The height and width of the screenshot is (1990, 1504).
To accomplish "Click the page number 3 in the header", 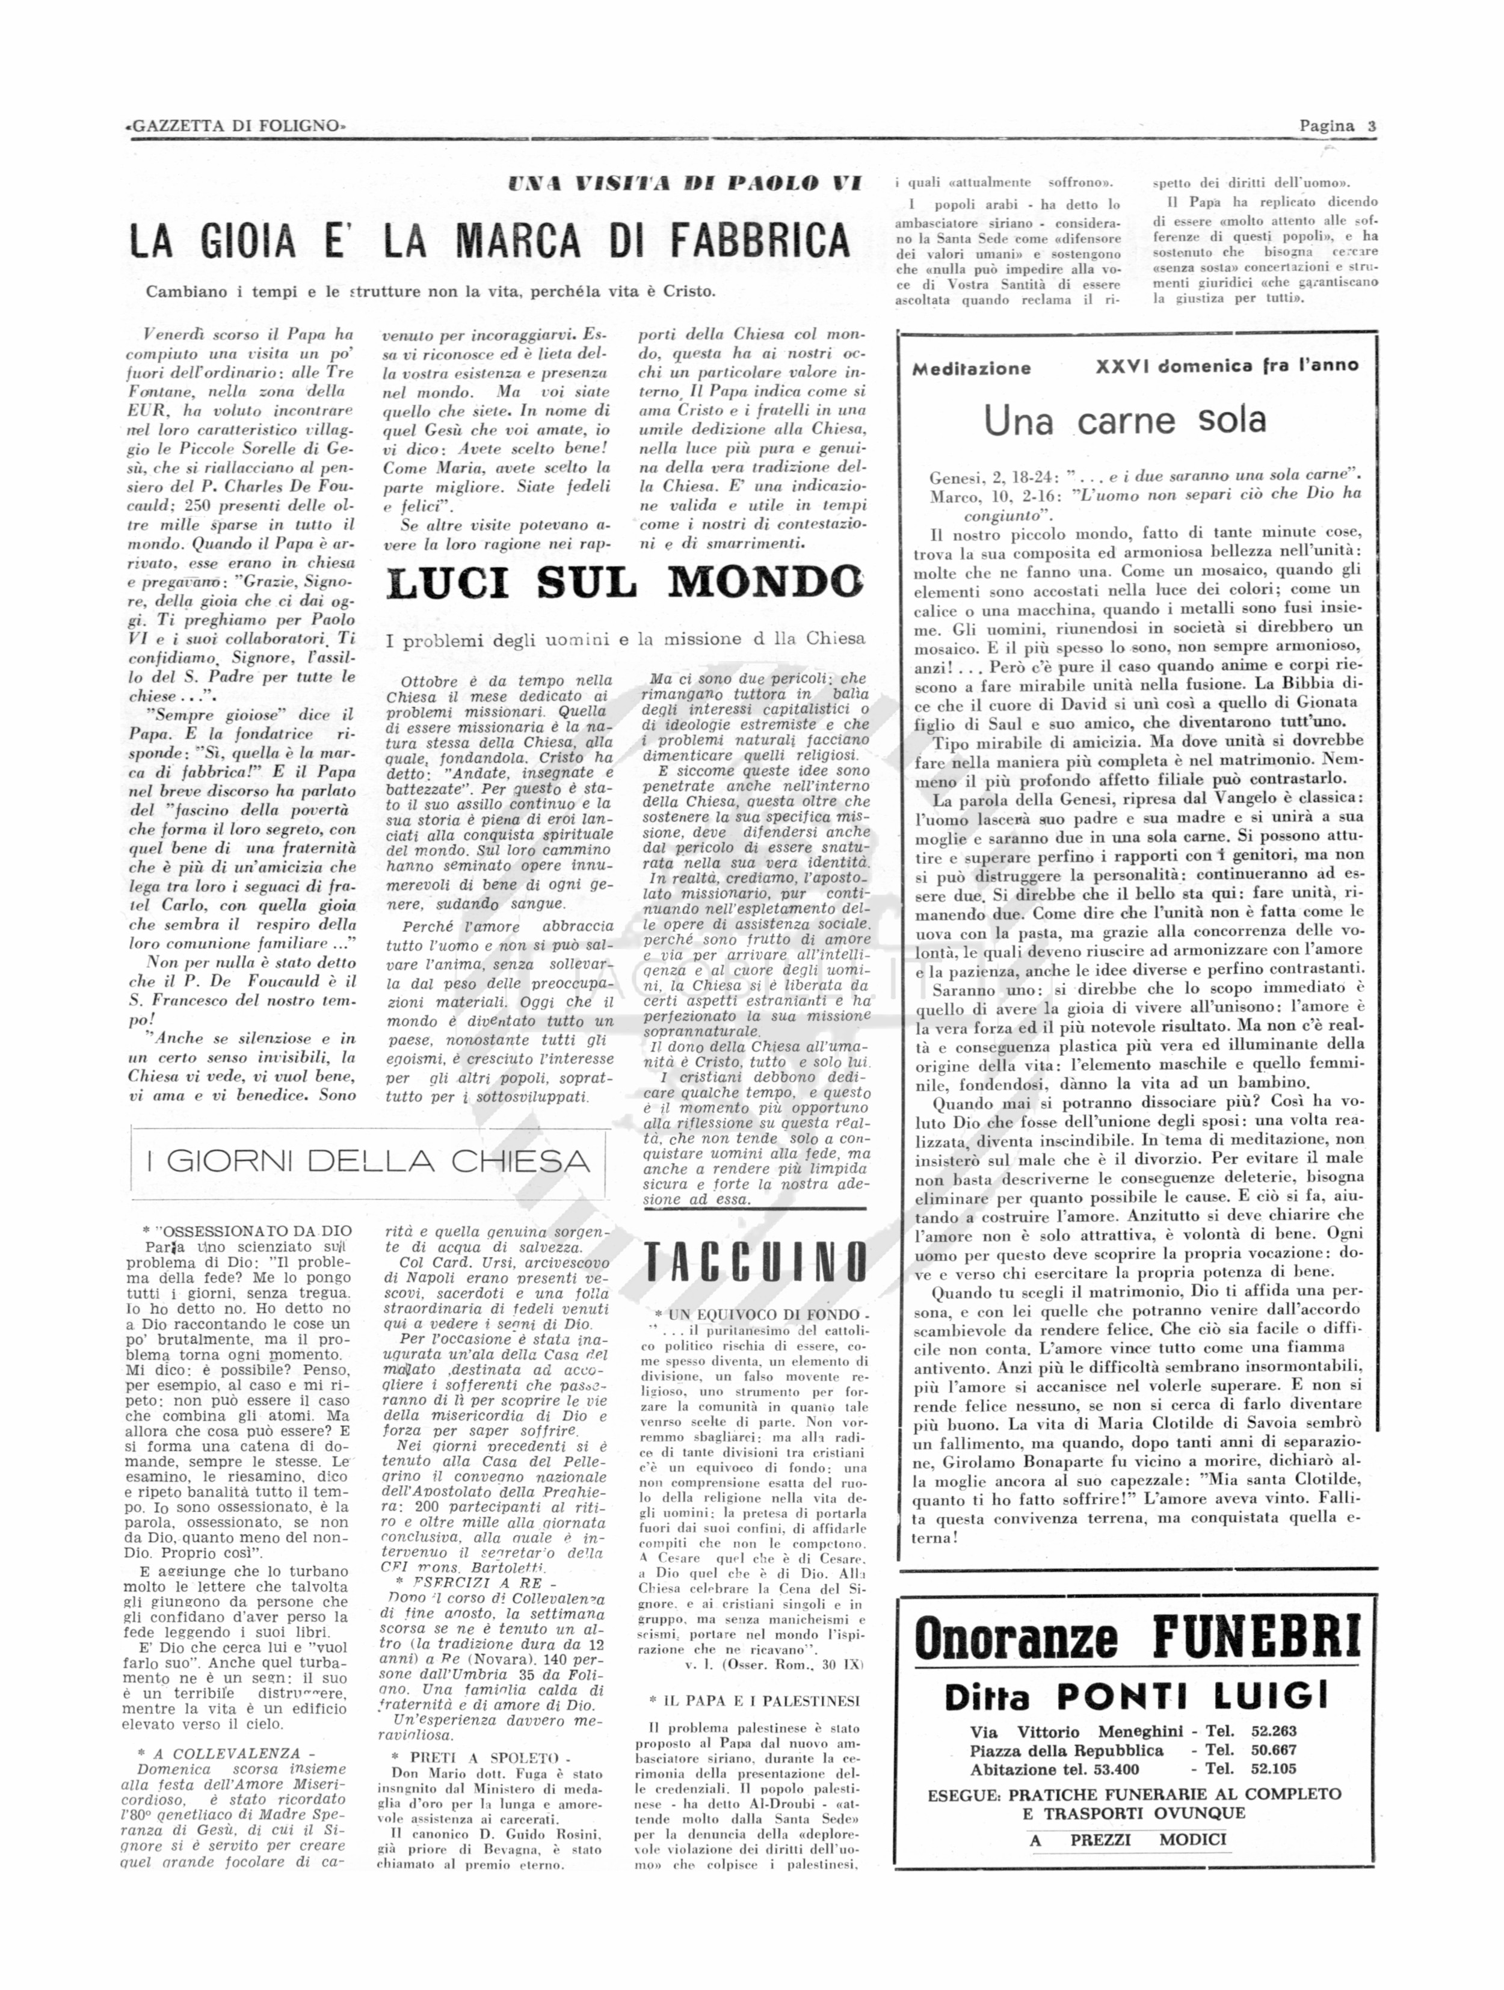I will (x=1371, y=126).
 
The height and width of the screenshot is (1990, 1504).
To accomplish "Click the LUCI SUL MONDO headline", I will (x=626, y=582).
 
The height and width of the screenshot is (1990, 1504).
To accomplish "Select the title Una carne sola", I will (x=1124, y=419).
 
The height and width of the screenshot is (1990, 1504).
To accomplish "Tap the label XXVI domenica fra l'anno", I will (x=1227, y=365).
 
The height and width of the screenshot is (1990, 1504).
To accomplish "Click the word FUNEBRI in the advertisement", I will (x=1257, y=1636).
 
